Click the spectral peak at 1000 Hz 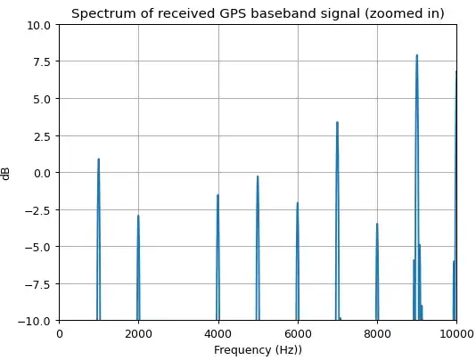point(98,160)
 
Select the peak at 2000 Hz point(138,217)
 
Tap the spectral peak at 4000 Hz point(217,196)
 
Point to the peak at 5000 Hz point(258,177)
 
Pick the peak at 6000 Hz point(298,204)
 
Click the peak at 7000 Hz point(337,123)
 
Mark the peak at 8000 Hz point(377,225)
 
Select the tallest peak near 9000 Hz point(416,56)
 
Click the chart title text point(258,13)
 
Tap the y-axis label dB point(8,172)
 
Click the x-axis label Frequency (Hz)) point(258,350)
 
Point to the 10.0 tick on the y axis point(39,25)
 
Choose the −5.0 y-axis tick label point(39,246)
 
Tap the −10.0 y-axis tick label point(37,320)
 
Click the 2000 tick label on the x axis point(138,334)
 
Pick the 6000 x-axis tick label point(298,334)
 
